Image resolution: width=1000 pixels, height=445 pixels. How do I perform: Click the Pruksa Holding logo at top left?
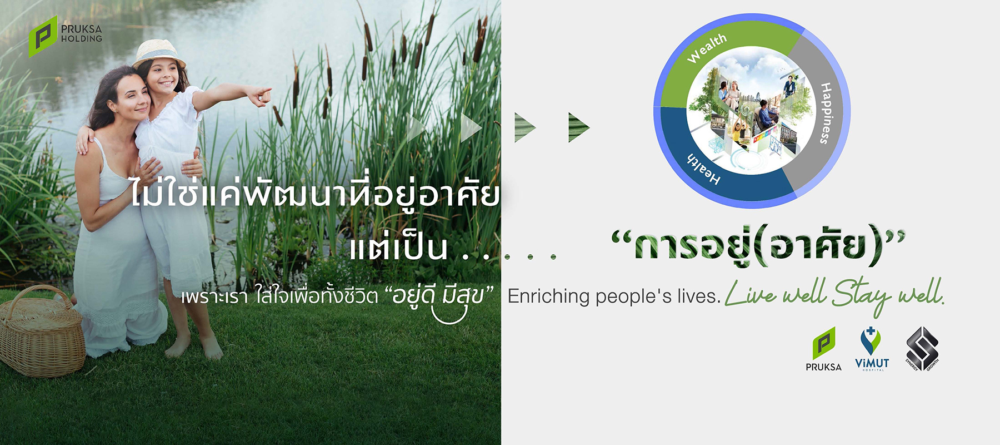(x=65, y=36)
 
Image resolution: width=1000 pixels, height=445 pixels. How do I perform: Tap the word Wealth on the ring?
(x=707, y=48)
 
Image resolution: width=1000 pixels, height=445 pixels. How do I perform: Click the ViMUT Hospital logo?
(x=872, y=349)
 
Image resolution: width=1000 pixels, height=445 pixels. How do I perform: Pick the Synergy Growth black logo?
(x=922, y=349)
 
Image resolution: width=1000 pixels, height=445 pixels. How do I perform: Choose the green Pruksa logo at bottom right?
(x=823, y=349)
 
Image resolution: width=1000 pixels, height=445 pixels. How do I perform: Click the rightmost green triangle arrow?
(x=578, y=127)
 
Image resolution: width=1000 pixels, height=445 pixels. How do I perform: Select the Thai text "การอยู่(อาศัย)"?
(x=758, y=245)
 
